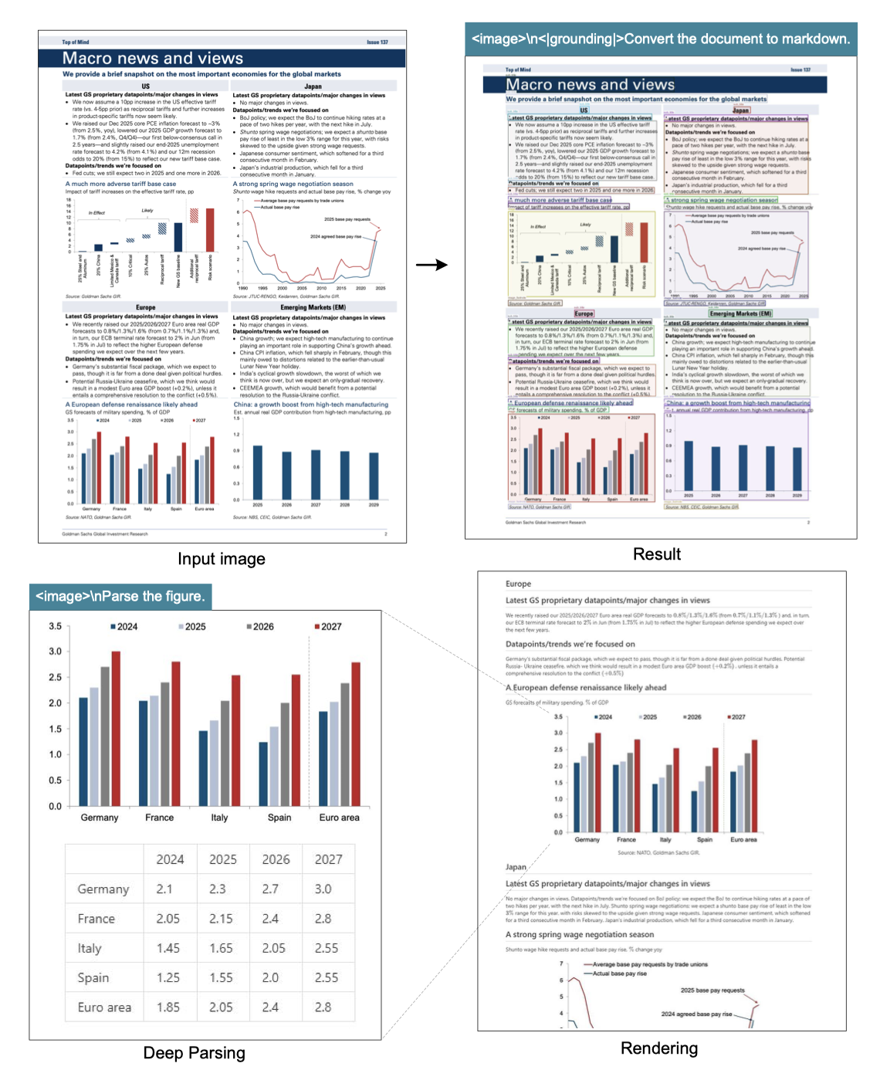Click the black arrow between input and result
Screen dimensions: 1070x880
pos(432,265)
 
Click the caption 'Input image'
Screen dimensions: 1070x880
pos(221,559)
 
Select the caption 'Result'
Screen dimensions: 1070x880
pos(656,554)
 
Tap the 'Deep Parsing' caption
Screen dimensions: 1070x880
pos(194,1053)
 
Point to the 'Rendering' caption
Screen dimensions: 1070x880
pos(658,1048)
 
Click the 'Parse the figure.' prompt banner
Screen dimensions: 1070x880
pos(120,596)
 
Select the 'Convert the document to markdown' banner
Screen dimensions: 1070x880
pos(660,39)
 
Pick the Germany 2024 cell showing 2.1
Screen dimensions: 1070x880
pos(164,889)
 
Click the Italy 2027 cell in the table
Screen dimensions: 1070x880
pos(326,948)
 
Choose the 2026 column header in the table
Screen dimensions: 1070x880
pos(276,859)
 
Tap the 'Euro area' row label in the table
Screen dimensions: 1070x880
pos(104,1007)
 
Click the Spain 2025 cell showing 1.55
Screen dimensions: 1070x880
pos(221,977)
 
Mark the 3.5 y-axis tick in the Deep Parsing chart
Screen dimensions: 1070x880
pos(56,626)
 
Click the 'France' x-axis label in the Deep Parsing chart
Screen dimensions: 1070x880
pos(159,818)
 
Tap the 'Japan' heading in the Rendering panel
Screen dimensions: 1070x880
pos(516,867)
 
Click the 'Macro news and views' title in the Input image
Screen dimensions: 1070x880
pos(153,59)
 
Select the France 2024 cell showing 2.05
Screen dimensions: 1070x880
pos(168,919)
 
